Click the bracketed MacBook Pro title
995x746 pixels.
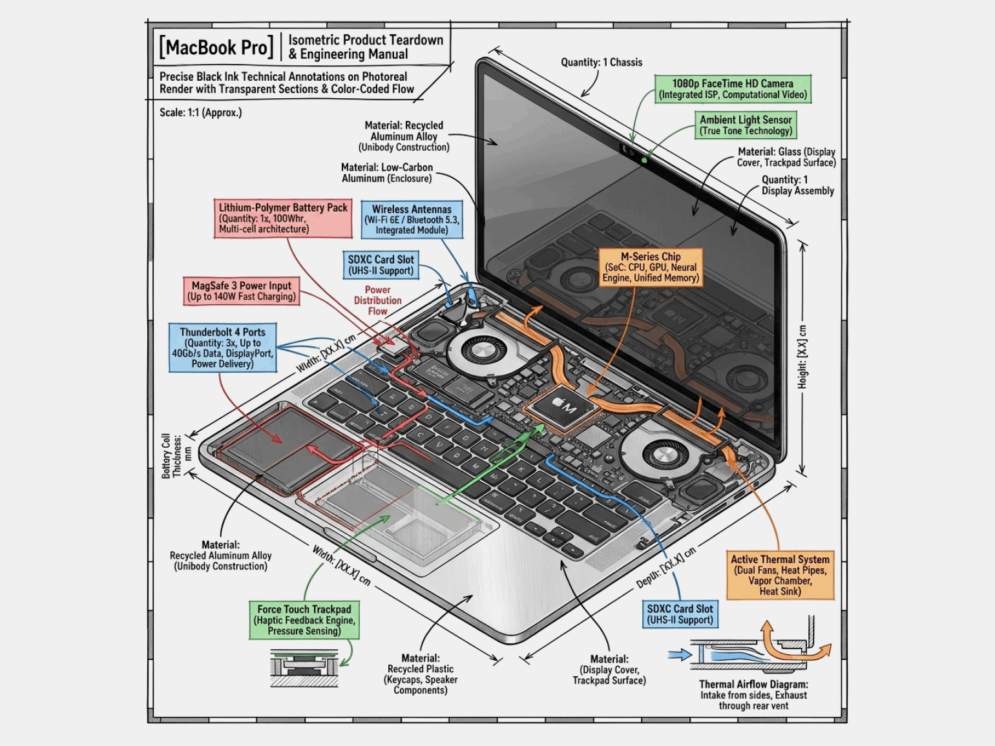pos(216,47)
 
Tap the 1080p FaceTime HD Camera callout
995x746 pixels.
pos(733,89)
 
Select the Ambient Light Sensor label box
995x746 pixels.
pos(746,125)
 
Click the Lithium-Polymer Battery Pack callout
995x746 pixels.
pos(283,218)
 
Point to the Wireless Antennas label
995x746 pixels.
pos(412,220)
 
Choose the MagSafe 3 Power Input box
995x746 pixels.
pos(242,291)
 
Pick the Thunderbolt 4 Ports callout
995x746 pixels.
pos(223,347)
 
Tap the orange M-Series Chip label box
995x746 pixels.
pos(651,267)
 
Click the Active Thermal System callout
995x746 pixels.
pos(780,575)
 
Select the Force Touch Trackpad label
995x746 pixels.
pos(304,620)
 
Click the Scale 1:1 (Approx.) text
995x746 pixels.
pos(200,112)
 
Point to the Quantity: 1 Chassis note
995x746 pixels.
pos(602,62)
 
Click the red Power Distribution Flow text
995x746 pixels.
pos(377,300)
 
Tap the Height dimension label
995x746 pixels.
pos(802,357)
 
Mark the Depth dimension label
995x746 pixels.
pos(666,567)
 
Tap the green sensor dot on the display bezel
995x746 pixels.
pos(644,160)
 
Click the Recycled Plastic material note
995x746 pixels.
pos(421,674)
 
